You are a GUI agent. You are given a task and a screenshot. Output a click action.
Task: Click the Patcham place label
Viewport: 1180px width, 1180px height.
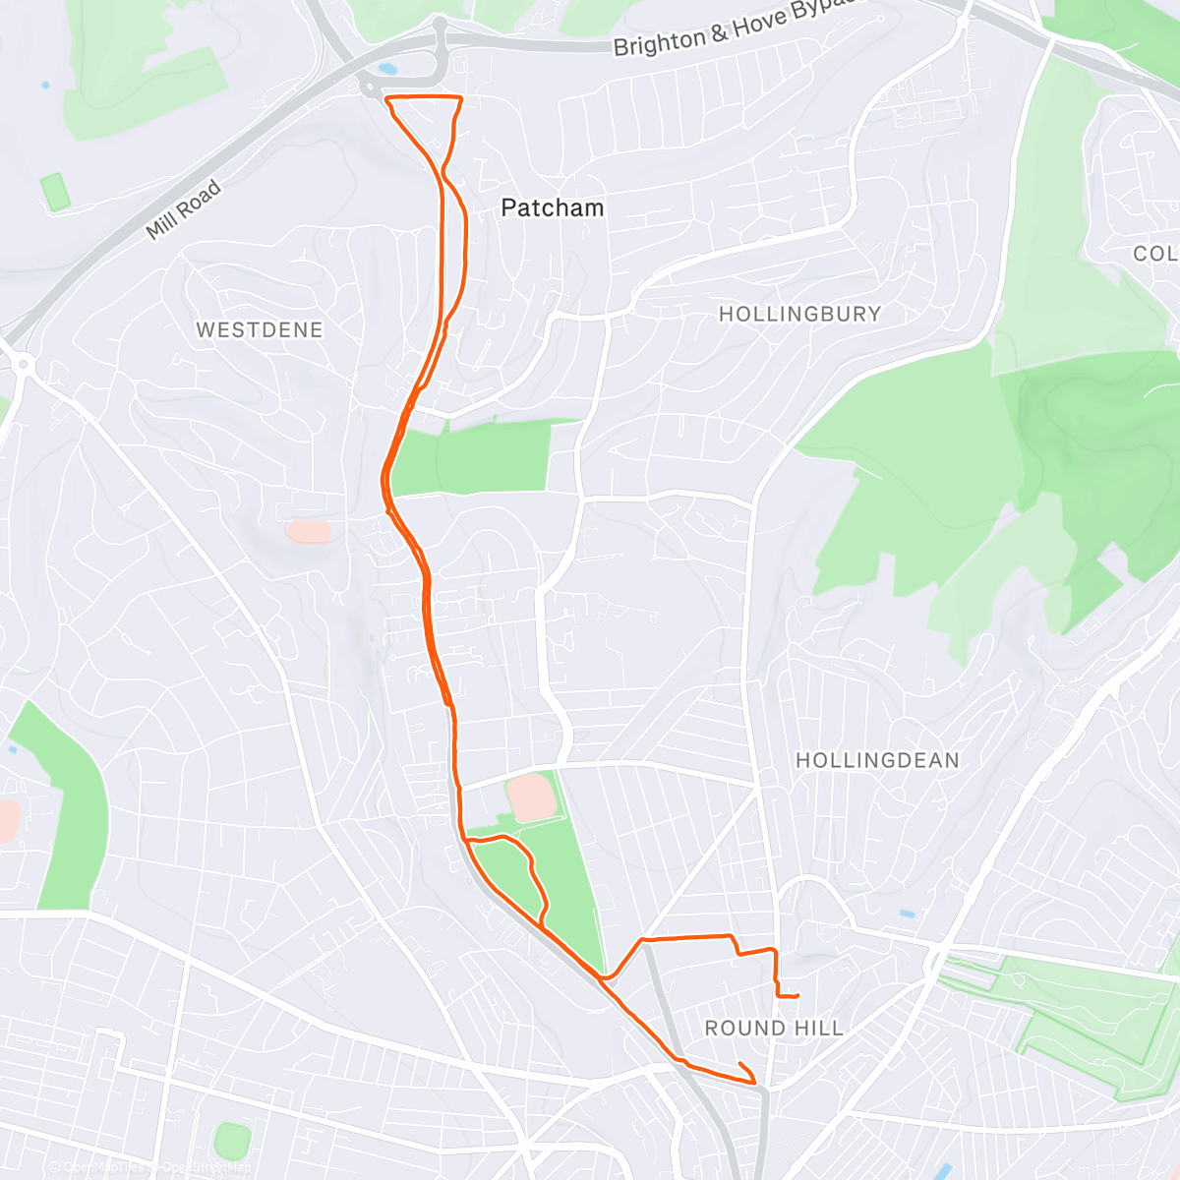[x=552, y=207]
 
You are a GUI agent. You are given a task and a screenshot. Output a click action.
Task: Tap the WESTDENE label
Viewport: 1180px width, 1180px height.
[x=260, y=329]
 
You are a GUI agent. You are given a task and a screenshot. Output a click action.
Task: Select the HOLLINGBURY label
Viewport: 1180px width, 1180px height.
[x=799, y=314]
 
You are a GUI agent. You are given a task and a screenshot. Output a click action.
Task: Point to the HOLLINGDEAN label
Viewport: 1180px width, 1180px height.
[x=877, y=760]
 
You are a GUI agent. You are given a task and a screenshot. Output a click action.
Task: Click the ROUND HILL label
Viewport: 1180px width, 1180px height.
[x=774, y=1028]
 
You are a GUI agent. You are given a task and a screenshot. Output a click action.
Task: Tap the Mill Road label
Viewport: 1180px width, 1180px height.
[x=183, y=210]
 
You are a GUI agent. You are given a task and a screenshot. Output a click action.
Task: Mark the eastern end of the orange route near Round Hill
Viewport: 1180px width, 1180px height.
[x=797, y=996]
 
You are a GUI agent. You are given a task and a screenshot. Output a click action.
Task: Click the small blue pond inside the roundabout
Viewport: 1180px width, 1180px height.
[x=386, y=70]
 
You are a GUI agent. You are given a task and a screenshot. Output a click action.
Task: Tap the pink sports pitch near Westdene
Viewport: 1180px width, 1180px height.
[x=308, y=532]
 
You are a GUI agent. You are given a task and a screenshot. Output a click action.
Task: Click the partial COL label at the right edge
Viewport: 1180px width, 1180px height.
[x=1154, y=254]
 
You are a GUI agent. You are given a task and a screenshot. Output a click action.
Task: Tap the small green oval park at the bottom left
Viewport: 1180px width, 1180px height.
[x=232, y=1141]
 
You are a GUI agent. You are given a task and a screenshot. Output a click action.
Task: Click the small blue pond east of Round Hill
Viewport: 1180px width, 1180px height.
[x=907, y=914]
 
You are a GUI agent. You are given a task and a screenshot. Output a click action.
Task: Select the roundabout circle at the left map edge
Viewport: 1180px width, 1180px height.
[x=22, y=365]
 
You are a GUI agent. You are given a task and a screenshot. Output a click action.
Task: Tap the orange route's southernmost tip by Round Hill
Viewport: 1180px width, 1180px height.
[x=755, y=1084]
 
